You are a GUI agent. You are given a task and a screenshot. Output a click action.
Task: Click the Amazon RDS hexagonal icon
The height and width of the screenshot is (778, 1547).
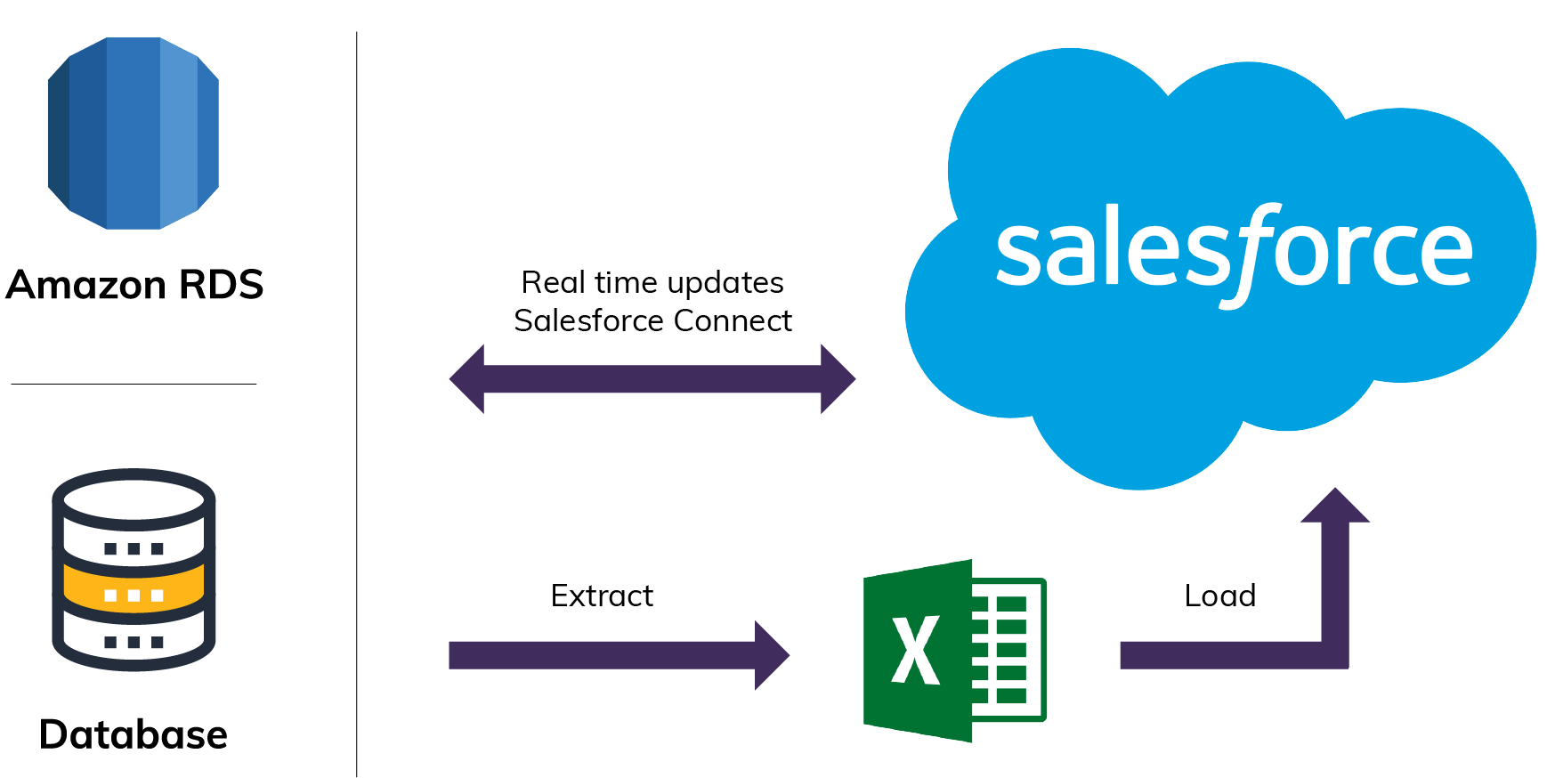(134, 134)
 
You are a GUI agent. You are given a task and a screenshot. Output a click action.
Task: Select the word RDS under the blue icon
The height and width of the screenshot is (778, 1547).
(221, 286)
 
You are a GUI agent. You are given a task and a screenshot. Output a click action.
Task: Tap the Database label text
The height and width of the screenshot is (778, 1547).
(134, 735)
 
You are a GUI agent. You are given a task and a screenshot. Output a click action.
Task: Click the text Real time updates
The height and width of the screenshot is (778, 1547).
(652, 283)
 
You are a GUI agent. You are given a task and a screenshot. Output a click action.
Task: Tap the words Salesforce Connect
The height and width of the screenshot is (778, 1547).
(652, 320)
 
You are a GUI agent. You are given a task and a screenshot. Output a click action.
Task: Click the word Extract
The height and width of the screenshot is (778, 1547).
(602, 596)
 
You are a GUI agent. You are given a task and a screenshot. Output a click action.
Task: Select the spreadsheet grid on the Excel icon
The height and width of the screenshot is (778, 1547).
(1008, 650)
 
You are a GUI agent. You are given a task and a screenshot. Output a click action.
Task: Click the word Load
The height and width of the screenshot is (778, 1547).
(1219, 596)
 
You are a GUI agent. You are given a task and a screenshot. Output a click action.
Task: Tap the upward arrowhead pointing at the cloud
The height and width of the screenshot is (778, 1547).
(1334, 506)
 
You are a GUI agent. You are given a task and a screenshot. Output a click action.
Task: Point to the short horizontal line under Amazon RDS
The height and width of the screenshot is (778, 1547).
(134, 384)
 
